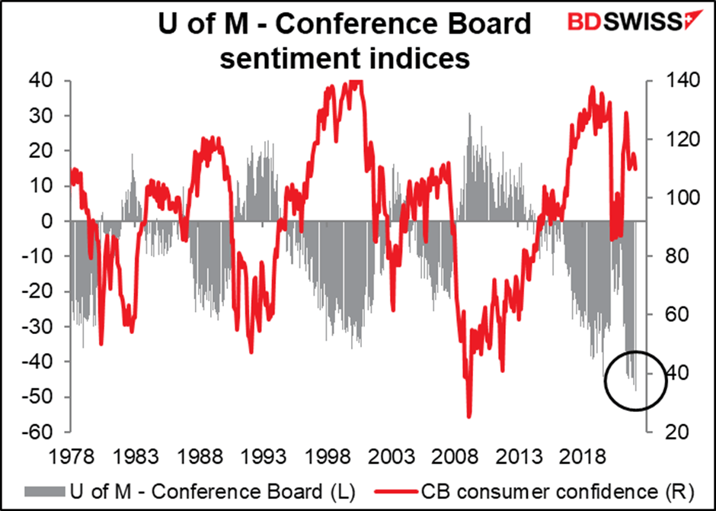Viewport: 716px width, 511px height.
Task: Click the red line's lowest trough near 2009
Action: click(x=469, y=416)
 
